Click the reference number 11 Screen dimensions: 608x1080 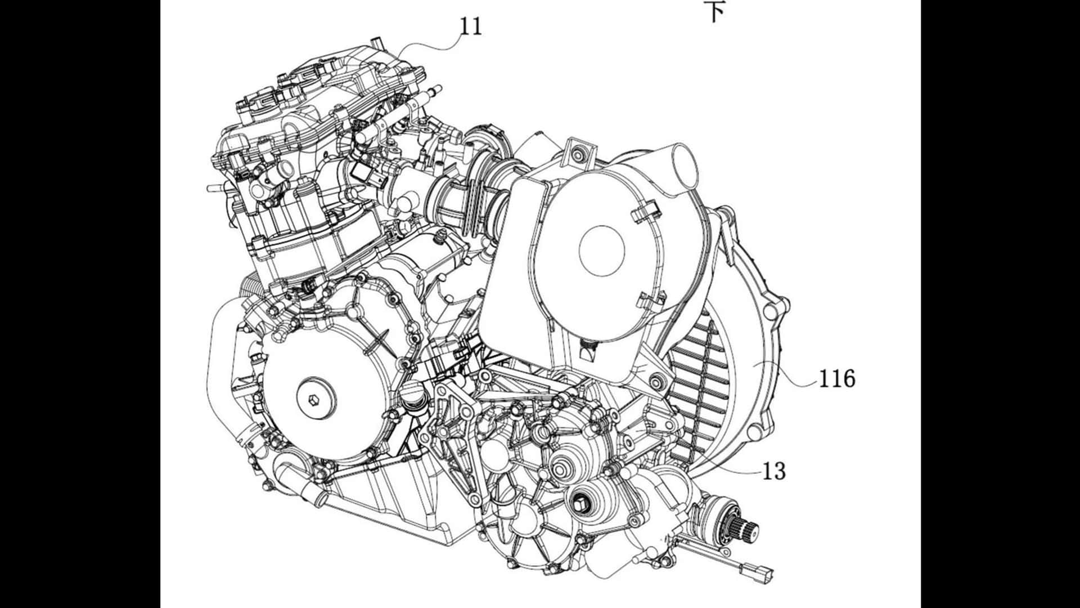(471, 26)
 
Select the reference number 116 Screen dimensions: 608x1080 (836, 379)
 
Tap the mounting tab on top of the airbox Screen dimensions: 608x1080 (579, 149)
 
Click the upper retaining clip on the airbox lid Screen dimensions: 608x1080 (642, 213)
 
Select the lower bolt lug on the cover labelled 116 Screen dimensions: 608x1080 (755, 432)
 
